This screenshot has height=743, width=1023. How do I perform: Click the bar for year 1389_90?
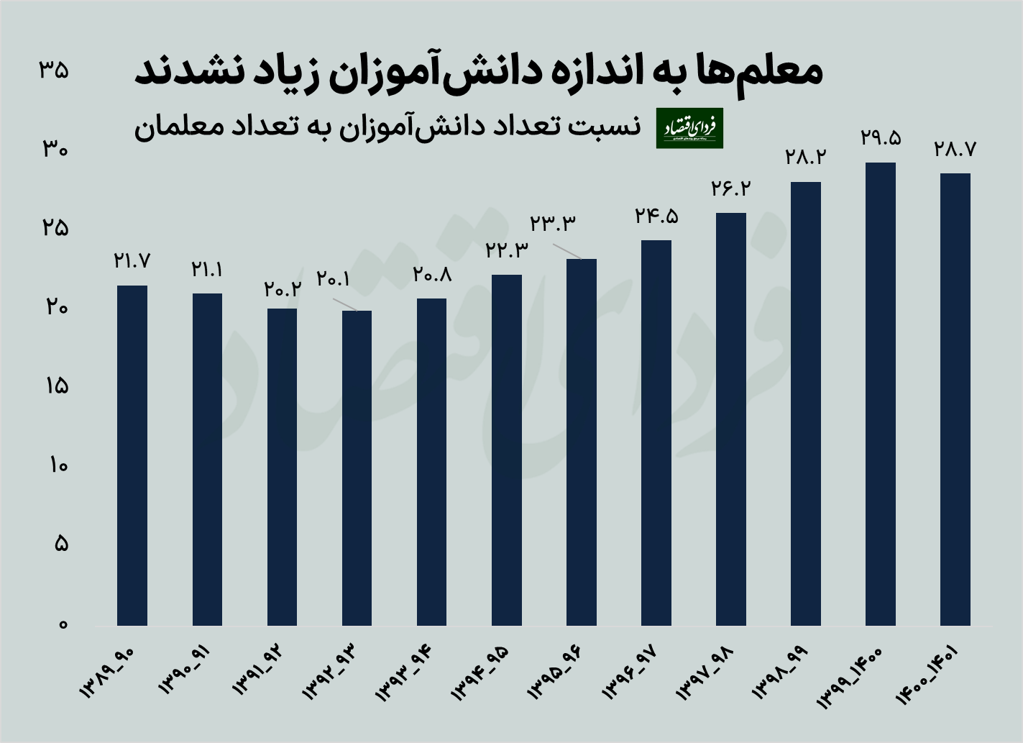pyautogui.click(x=132, y=455)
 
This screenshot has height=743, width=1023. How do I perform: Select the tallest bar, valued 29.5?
pyautogui.click(x=881, y=394)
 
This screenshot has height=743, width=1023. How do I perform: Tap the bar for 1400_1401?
pyautogui.click(x=955, y=399)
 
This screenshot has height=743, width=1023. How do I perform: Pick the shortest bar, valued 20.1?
pyautogui.click(x=357, y=468)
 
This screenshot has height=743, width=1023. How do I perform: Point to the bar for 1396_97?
pyautogui.click(x=656, y=432)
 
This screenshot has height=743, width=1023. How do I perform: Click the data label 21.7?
pyautogui.click(x=132, y=260)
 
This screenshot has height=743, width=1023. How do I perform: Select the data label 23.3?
pyautogui.click(x=553, y=224)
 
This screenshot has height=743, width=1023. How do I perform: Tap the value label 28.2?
pyautogui.click(x=806, y=157)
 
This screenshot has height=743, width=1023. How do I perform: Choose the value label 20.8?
pyautogui.click(x=432, y=274)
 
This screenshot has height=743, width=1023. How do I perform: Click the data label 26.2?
pyautogui.click(x=731, y=188)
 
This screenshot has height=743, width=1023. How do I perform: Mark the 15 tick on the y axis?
pyautogui.click(x=54, y=386)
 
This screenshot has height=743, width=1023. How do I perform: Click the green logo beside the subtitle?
pyautogui.click(x=689, y=128)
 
